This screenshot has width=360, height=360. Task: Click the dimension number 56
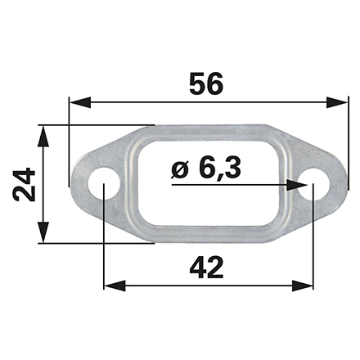tap(206, 83)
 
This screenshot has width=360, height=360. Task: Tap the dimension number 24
tap(24, 184)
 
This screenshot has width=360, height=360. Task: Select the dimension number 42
tap(206, 268)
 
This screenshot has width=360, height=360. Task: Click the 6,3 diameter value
tap(220, 169)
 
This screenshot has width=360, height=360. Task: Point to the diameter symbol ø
tap(180, 169)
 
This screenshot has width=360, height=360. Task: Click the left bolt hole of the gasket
tap(104, 184)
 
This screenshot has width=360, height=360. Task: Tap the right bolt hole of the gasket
tap(313, 184)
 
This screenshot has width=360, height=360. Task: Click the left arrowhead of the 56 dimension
tap(80, 102)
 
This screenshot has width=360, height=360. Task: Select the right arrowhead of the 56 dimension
tap(337, 102)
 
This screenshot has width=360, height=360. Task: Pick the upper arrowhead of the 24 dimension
tap(43, 137)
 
